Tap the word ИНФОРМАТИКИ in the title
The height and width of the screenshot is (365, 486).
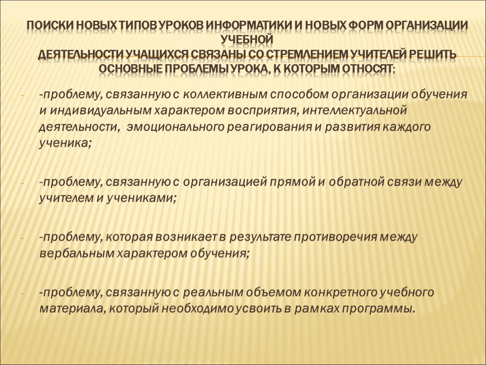(x=248, y=25)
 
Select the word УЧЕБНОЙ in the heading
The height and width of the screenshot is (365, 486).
(x=247, y=40)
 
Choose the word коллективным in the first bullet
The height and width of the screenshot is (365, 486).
(x=225, y=94)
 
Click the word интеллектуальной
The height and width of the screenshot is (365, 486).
(x=354, y=111)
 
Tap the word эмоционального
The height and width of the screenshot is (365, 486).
(x=175, y=127)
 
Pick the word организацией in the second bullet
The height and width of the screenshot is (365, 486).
(x=225, y=182)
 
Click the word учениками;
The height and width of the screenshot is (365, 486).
(x=141, y=198)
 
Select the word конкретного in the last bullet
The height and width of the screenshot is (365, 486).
(x=340, y=292)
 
